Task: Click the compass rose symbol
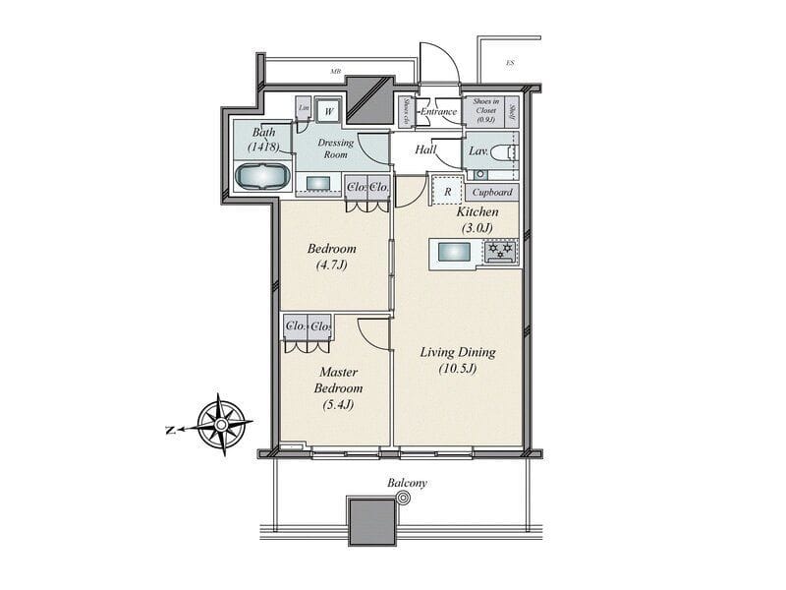tap(222, 425)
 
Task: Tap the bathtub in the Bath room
tap(261, 177)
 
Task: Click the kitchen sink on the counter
tap(454, 253)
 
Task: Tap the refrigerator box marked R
tap(447, 191)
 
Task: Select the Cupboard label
tap(492, 193)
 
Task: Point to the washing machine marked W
tap(329, 111)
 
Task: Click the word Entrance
tap(438, 112)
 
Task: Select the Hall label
tap(425, 150)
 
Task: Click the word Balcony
tap(407, 484)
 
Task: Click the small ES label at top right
tap(510, 64)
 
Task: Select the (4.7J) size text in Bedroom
tap(331, 265)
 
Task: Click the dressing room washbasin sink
tap(319, 183)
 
